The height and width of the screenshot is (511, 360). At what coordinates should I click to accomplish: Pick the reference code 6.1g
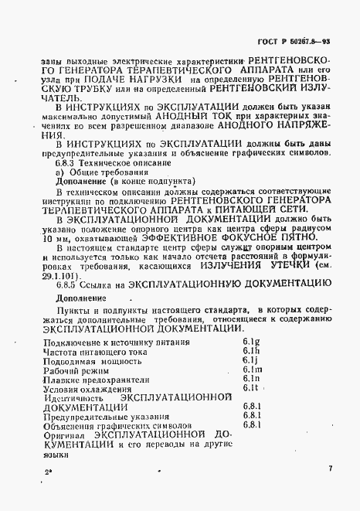[x=250, y=341]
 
